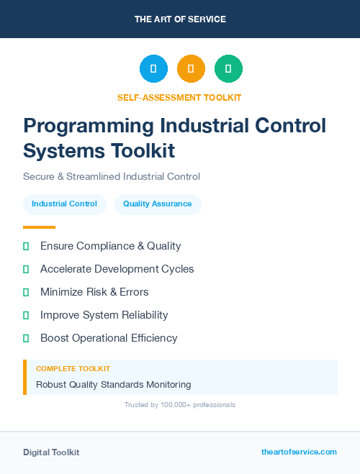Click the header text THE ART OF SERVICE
[180, 19]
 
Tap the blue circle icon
[153, 69]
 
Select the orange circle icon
[191, 69]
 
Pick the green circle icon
[228, 69]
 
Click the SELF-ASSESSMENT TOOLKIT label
[179, 97]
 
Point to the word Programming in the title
[88, 126]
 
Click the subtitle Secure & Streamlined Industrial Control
[111, 176]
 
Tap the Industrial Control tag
[64, 204]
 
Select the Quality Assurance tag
[157, 204]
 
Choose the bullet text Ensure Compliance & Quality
[110, 246]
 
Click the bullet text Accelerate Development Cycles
[117, 269]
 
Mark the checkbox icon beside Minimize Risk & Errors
[26, 292]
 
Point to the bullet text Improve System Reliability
[104, 315]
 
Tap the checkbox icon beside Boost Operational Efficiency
[26, 338]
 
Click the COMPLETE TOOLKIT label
[73, 368]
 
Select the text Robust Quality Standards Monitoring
[113, 384]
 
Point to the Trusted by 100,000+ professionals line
[179, 405]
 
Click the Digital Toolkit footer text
[51, 452]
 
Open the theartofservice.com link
[299, 452]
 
